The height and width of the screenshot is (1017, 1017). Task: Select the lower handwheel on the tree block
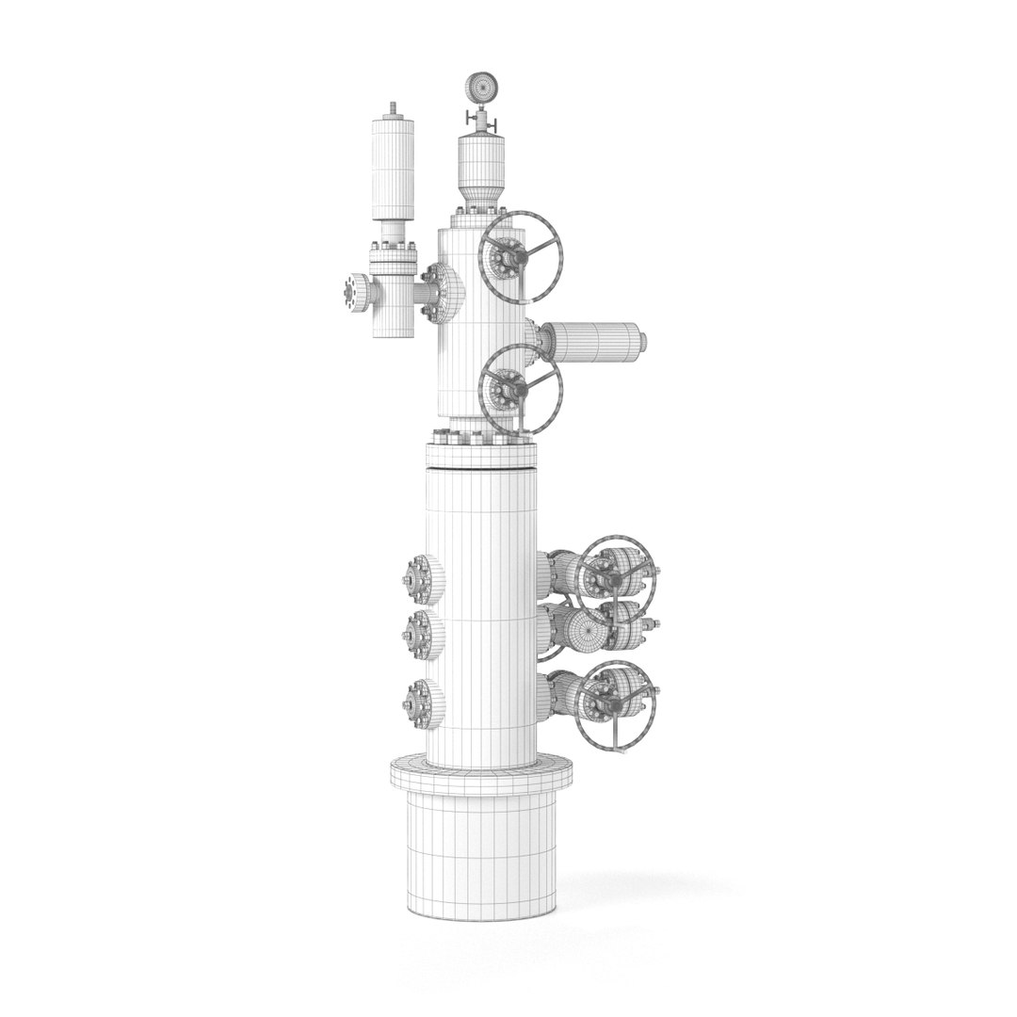tap(521, 388)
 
